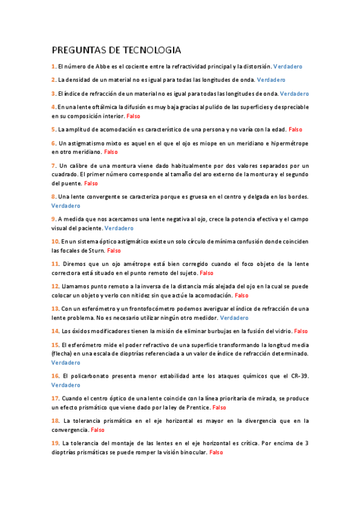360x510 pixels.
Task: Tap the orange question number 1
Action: pyautogui.click(x=53, y=66)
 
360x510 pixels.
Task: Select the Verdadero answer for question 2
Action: pyautogui.click(x=270, y=79)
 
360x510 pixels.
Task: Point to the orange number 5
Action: pyautogui.click(x=53, y=129)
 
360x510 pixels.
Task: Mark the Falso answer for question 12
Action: pyautogui.click(x=241, y=295)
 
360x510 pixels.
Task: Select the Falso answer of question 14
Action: pyautogui.click(x=301, y=331)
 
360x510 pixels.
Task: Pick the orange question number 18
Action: pyautogui.click(x=55, y=421)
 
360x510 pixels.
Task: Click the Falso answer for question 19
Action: pyautogui.click(x=216, y=452)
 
